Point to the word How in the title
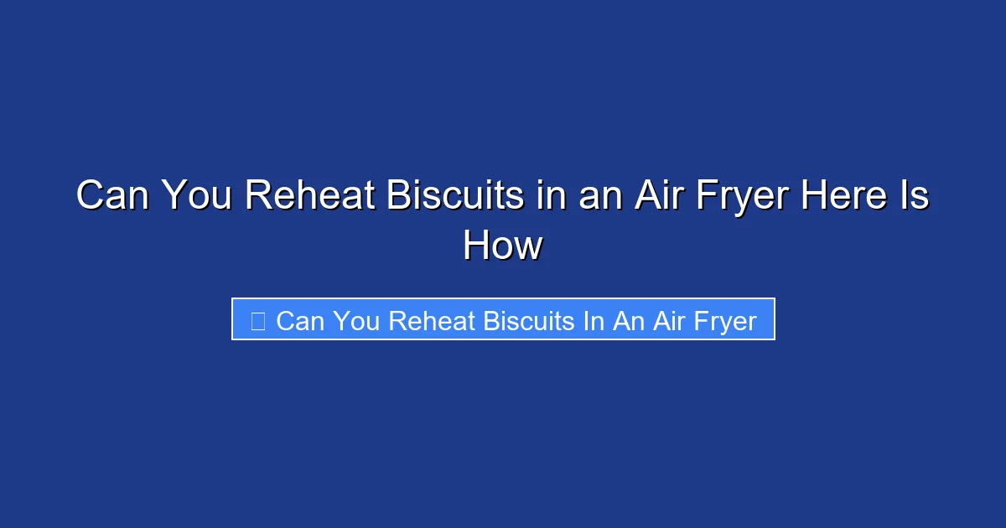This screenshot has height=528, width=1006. click(503, 246)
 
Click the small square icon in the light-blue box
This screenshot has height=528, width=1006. click(258, 320)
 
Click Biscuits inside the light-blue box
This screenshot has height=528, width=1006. click(529, 320)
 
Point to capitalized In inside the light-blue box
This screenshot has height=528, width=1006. click(594, 320)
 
